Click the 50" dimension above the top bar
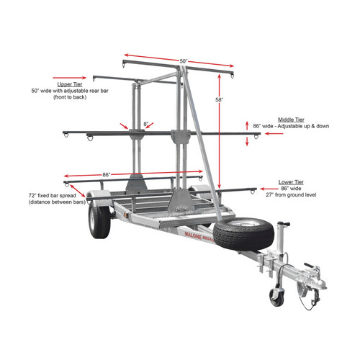click(184, 61)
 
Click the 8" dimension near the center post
click(146, 124)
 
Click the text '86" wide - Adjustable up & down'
click(292, 126)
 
